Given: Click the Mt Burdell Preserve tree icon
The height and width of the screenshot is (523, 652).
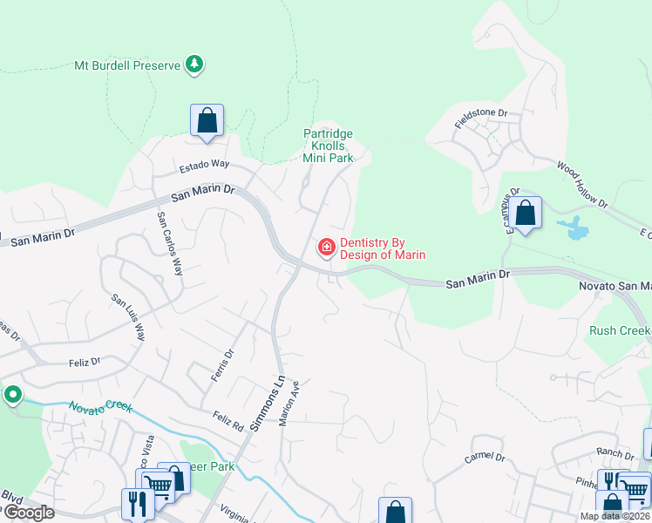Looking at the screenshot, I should tap(195, 65).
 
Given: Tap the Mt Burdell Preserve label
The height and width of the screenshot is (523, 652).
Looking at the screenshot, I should tap(127, 65).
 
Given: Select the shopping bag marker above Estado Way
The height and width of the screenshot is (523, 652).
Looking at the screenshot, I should tap(207, 120).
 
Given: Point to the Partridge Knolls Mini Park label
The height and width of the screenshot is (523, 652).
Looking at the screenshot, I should tap(328, 146).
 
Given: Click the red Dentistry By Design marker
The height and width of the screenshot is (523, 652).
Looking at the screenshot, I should tap(327, 248).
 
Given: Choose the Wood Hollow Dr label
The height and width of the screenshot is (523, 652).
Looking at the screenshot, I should tap(582, 182).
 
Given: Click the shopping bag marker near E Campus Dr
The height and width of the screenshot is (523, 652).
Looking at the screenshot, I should tap(526, 213).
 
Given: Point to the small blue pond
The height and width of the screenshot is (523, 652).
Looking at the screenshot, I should tap(575, 229).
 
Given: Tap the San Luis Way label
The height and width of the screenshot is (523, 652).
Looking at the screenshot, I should tap(128, 316).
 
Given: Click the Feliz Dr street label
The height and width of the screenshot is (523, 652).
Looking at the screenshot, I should tap(84, 361).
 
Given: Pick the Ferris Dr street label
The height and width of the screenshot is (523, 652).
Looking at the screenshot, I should tap(224, 365).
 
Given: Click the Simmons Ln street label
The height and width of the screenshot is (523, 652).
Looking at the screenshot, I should tap(268, 402).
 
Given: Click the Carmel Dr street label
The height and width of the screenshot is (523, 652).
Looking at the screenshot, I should tap(485, 456).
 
